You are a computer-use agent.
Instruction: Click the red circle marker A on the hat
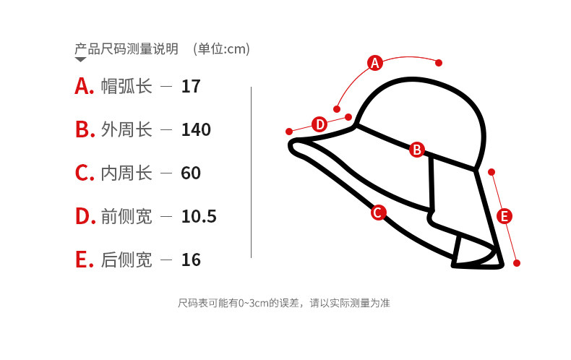[x=374, y=63]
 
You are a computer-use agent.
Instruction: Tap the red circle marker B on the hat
[x=416, y=150]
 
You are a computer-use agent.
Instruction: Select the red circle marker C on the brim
[x=377, y=213]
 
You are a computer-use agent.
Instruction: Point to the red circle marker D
[x=319, y=124]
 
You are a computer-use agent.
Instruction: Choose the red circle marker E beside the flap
[x=505, y=215]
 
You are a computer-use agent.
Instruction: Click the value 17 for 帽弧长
[x=191, y=87]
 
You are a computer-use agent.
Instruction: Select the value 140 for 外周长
[x=196, y=130]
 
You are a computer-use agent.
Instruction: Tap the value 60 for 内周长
[x=191, y=173]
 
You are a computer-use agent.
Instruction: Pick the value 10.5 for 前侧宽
[x=199, y=217]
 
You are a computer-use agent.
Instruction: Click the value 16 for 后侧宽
[x=191, y=260]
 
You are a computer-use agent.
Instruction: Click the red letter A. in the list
[x=85, y=87]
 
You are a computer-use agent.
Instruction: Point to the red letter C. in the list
[x=85, y=173]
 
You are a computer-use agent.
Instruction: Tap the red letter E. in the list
[x=85, y=260]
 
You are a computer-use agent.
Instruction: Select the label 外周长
[x=126, y=130]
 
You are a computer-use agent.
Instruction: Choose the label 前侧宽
[x=126, y=217]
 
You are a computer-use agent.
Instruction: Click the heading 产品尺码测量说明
[x=126, y=49]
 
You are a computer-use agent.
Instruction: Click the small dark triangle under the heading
[x=80, y=60]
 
